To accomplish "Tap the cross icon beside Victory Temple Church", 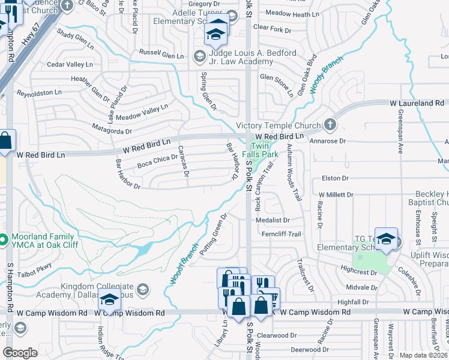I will click(329, 125).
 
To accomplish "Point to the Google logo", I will click(20, 353).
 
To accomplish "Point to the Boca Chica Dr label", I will click(157, 161).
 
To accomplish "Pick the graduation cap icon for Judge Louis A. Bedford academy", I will click(199, 56).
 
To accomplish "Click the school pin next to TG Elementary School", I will click(387, 239).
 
